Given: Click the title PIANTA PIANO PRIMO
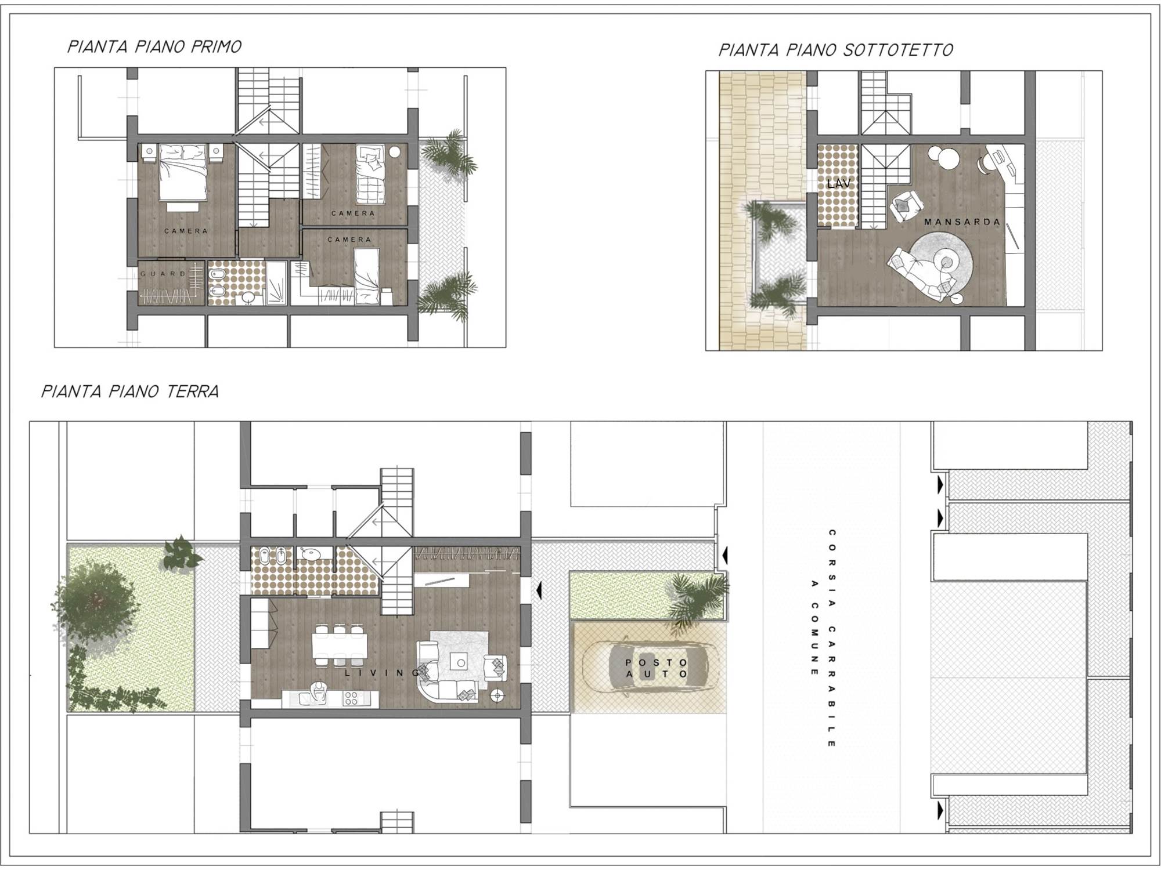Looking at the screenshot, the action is pyautogui.click(x=154, y=47).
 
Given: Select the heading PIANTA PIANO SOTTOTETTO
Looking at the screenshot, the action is pyautogui.click(x=836, y=50).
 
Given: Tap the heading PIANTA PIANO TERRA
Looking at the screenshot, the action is pyautogui.click(x=130, y=391).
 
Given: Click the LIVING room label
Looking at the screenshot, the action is pyautogui.click(x=382, y=673).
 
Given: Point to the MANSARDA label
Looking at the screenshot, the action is pyautogui.click(x=962, y=222).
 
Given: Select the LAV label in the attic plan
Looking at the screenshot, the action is pyautogui.click(x=839, y=183).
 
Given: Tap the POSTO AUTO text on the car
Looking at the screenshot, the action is pyautogui.click(x=657, y=668).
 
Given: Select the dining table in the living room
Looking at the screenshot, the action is pyautogui.click(x=340, y=644).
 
